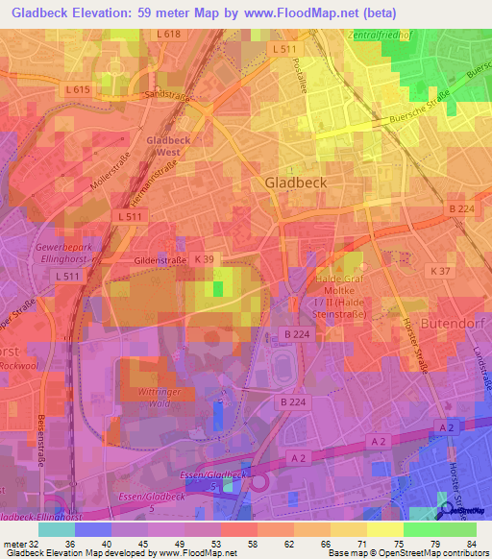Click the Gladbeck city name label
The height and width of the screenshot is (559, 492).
(295, 182)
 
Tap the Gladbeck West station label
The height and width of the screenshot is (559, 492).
(168, 146)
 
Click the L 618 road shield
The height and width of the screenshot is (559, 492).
(167, 34)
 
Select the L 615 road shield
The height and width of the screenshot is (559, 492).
(81, 89)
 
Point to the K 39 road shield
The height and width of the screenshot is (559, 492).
(203, 259)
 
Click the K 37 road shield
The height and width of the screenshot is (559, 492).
(441, 272)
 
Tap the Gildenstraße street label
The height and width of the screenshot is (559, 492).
(159, 260)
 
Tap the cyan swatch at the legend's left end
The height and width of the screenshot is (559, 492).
(57, 529)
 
